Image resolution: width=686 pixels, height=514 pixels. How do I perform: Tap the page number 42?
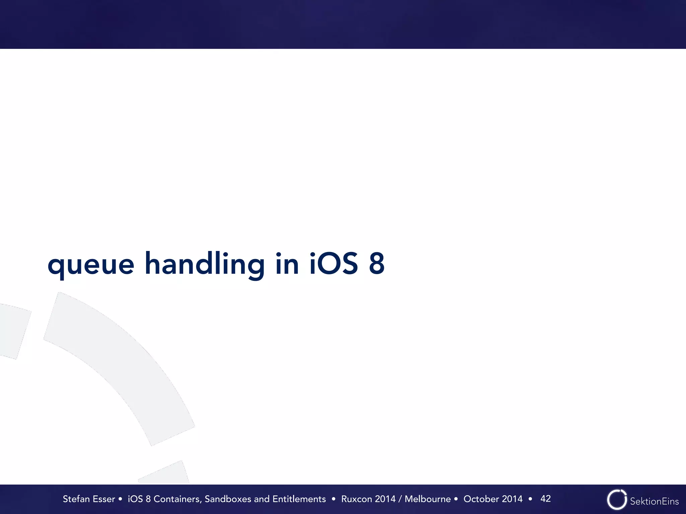coord(545,499)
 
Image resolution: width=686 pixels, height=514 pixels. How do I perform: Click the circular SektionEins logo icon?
coord(616,500)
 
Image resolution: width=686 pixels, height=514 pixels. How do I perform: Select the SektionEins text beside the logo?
coord(654,501)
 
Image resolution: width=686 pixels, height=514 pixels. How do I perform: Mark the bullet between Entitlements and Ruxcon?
coord(333,499)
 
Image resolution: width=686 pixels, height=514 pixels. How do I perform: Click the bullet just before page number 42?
coord(530,499)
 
